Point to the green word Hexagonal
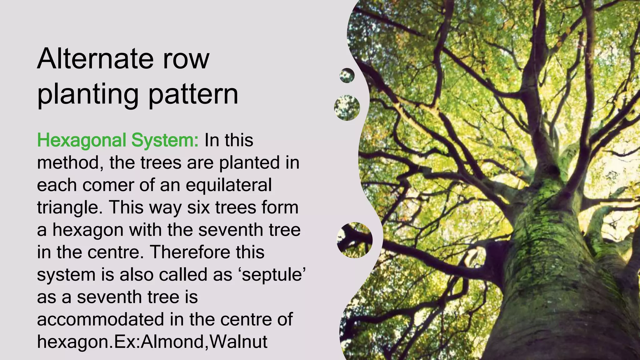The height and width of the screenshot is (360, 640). click(82, 141)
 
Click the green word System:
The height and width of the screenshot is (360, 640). click(165, 141)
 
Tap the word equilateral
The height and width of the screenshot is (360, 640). click(228, 185)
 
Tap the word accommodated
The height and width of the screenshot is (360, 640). click(100, 319)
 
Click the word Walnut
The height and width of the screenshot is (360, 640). click(238, 342)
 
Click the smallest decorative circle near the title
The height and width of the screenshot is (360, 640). click(347, 76)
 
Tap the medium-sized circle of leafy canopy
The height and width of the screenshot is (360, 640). click(347, 108)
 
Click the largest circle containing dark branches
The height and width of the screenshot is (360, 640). click(355, 240)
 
